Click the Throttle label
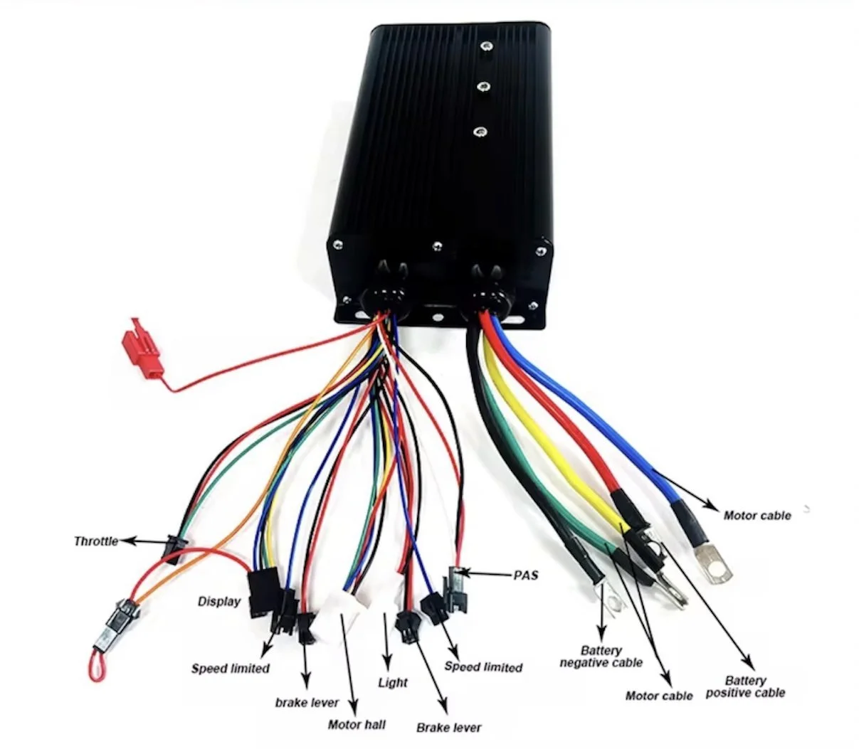click(95, 541)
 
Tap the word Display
click(218, 602)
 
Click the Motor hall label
click(357, 724)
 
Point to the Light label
click(393, 683)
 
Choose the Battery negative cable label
click(601, 657)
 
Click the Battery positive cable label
click(745, 686)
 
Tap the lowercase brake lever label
click(307, 703)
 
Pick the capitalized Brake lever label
click(448, 728)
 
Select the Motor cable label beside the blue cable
click(757, 515)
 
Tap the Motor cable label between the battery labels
click(658, 696)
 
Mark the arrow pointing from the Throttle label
click(142, 541)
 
